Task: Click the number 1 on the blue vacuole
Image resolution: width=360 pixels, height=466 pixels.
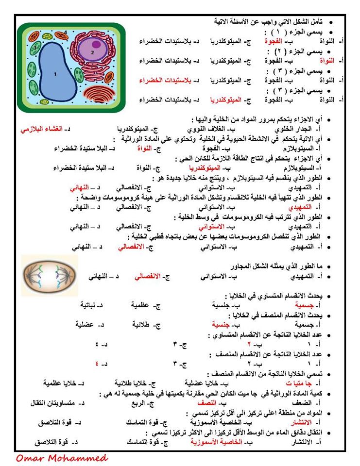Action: tap(55, 74)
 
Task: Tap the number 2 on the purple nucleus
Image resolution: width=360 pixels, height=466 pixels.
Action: tap(92, 51)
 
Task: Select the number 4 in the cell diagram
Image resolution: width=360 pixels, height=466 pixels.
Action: tap(66, 32)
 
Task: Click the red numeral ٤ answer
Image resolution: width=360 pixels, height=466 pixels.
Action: tap(97, 364)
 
